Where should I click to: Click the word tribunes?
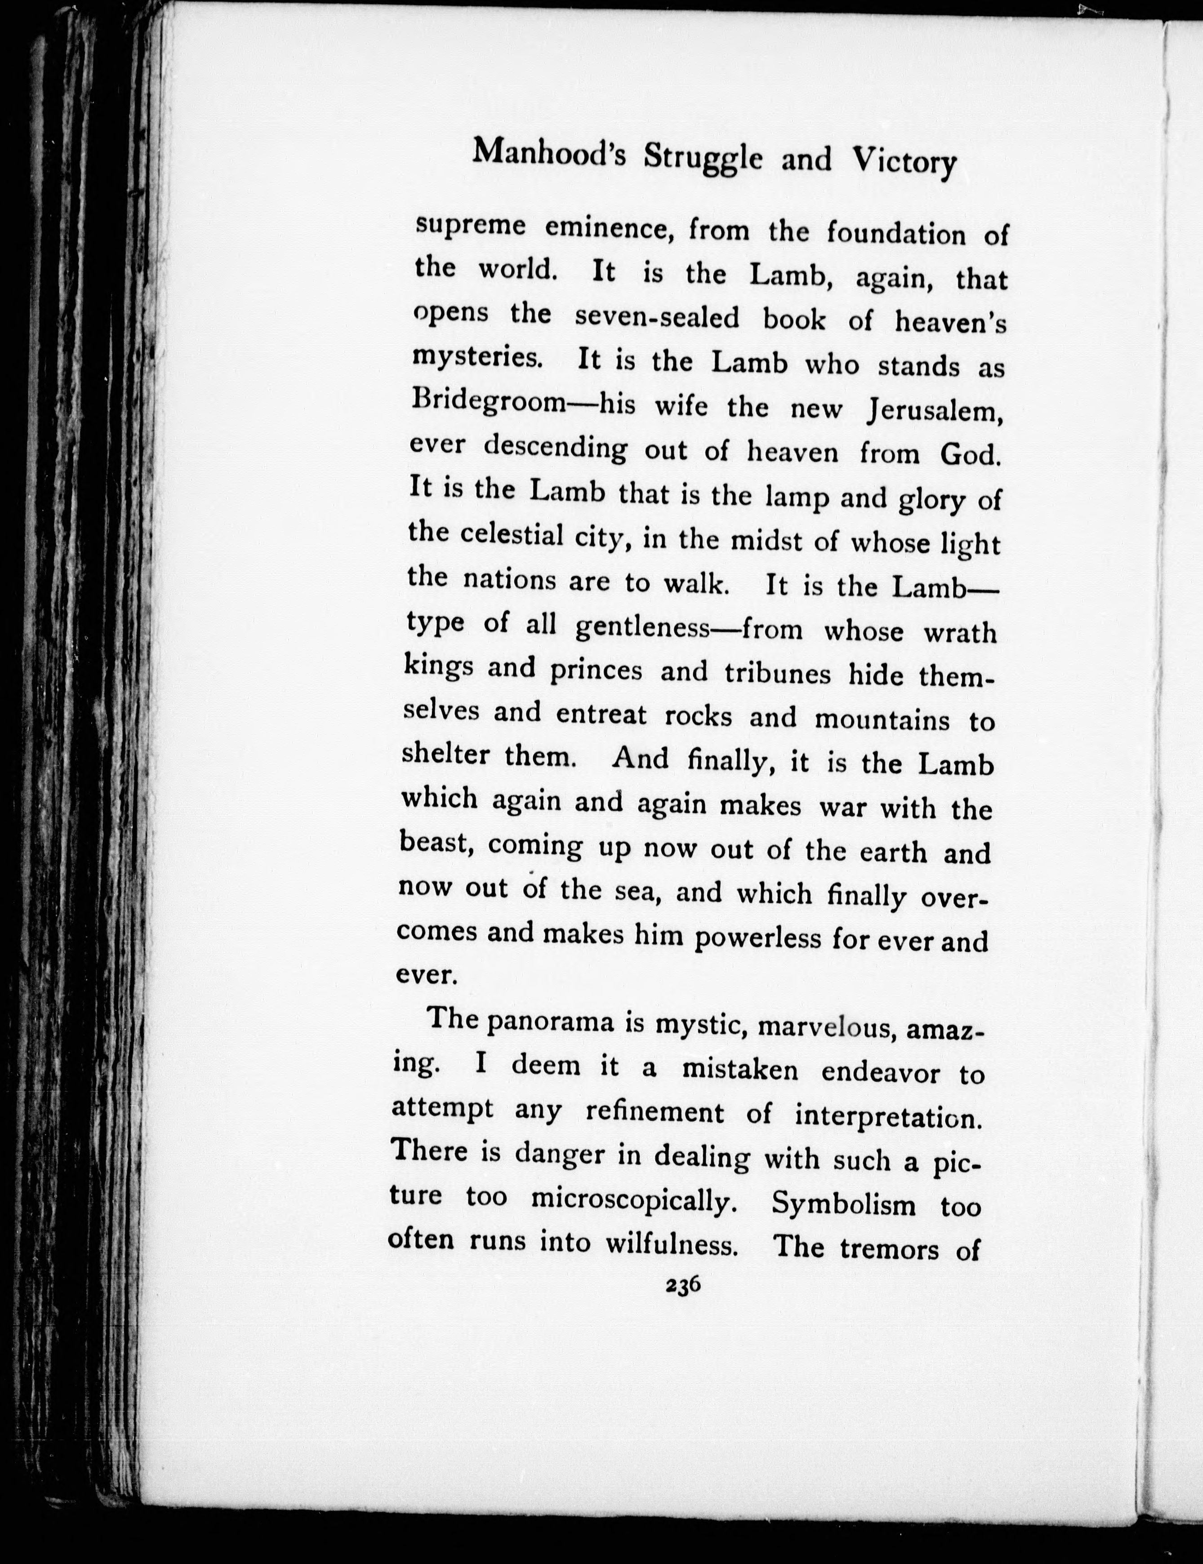pos(777,674)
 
